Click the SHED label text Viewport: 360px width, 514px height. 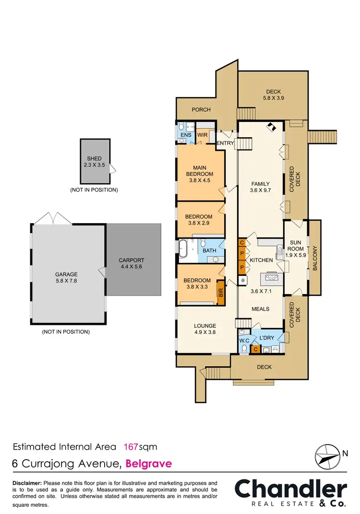click(95, 159)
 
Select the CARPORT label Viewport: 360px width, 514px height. click(131, 261)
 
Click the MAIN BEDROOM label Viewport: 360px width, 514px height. click(200, 170)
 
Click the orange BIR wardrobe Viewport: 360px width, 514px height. click(221, 292)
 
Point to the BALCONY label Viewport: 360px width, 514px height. click(315, 258)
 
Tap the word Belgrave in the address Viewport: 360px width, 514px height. click(148, 464)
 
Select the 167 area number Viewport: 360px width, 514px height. click(131, 447)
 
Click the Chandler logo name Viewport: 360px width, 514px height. click(290, 489)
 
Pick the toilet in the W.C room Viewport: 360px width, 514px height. click(244, 348)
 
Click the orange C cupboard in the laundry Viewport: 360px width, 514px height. click(256, 349)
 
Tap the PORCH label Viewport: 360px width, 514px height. click(201, 109)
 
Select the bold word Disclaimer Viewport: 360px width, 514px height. click(27, 483)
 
